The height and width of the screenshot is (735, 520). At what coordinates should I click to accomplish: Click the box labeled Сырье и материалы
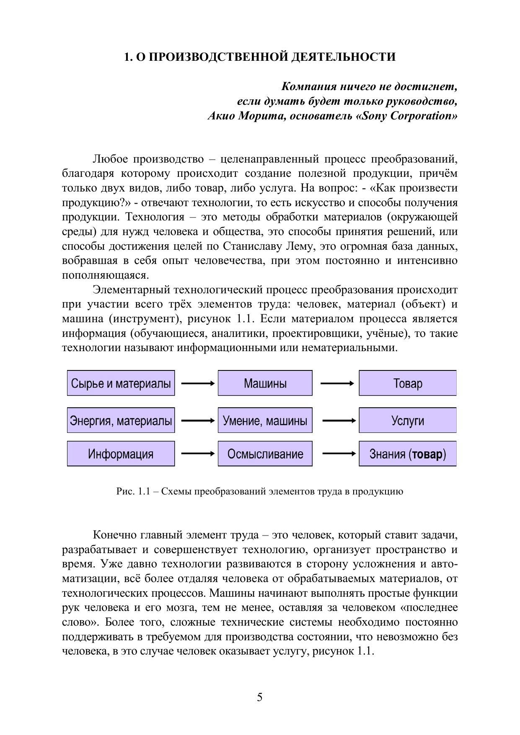(x=121, y=383)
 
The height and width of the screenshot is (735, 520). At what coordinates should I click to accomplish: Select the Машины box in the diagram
(x=265, y=383)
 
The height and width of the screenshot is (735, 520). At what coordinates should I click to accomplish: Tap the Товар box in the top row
(x=407, y=383)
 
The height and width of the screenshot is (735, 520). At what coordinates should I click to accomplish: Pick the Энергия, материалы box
(x=121, y=420)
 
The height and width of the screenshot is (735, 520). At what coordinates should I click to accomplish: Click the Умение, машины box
(x=265, y=420)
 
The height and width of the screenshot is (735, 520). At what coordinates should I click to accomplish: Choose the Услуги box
(x=407, y=420)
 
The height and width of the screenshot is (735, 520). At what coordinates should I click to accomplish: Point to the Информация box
(x=121, y=454)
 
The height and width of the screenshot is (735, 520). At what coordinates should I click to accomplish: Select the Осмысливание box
(x=265, y=454)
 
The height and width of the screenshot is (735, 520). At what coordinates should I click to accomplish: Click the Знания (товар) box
(x=407, y=454)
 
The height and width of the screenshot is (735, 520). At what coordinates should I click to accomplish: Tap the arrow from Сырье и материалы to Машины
(x=197, y=383)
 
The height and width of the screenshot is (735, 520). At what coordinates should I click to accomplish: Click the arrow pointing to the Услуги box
(x=339, y=420)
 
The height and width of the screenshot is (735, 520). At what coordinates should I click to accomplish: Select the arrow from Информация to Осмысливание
(x=197, y=453)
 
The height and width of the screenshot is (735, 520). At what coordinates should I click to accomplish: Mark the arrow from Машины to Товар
(x=337, y=383)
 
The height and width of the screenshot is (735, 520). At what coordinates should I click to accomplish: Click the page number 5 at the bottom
(x=260, y=697)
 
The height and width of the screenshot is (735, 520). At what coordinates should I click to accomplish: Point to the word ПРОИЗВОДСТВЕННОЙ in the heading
(x=216, y=57)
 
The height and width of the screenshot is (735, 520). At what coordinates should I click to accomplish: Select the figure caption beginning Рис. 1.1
(x=260, y=492)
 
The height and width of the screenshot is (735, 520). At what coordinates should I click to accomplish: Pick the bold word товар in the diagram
(x=427, y=454)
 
